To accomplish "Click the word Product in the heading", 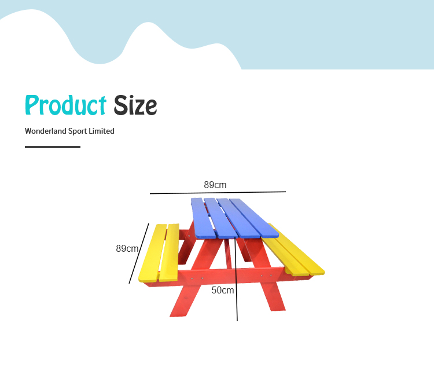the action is tap(65, 105).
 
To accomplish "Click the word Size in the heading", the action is tap(135, 105).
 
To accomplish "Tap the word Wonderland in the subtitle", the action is tap(46, 131).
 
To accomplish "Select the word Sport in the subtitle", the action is tap(78, 131).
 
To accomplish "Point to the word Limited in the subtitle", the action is tap(101, 131).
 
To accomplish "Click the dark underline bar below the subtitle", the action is tap(53, 147).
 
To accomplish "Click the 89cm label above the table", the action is tap(215, 185).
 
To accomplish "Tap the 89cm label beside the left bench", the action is tap(127, 248).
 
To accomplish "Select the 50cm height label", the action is tap(223, 290).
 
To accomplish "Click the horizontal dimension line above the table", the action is tap(218, 192).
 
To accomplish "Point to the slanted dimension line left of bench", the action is tap(139, 254).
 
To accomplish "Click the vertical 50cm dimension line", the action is tap(236, 279).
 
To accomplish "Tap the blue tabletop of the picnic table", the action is tap(234, 218).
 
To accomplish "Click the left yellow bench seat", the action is tap(160, 252).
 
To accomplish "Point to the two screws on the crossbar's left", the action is tap(197, 278).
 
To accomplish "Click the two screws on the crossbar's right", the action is tap(266, 276).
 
